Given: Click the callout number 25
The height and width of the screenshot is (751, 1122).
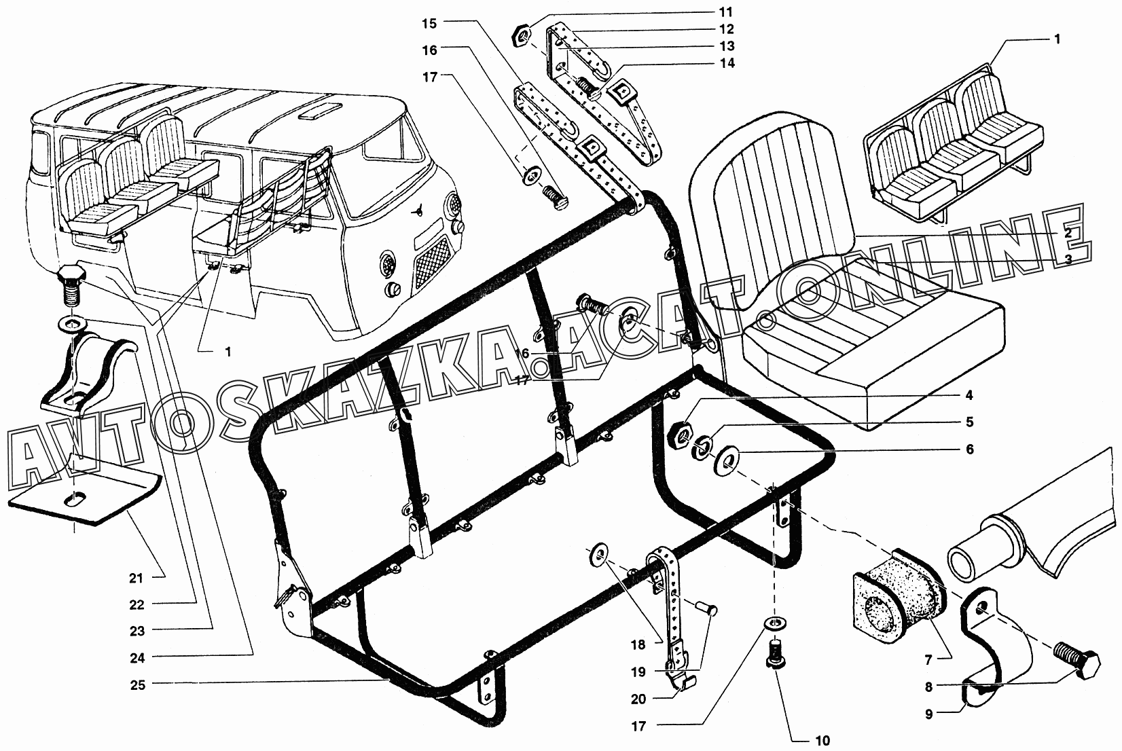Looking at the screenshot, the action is [x=137, y=684].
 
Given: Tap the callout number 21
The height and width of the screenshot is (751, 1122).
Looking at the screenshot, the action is [x=137, y=578].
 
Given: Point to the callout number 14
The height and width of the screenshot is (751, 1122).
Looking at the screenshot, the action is [x=726, y=62].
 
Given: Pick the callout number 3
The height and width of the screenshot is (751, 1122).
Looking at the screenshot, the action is [x=1068, y=259].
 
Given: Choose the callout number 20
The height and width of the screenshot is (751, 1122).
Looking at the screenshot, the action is [x=638, y=699].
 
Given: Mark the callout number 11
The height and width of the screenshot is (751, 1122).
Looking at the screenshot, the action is [x=726, y=12].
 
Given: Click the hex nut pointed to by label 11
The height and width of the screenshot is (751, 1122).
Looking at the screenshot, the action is [x=522, y=37].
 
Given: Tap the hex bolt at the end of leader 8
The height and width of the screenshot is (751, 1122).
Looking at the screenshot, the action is [x=1077, y=661].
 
